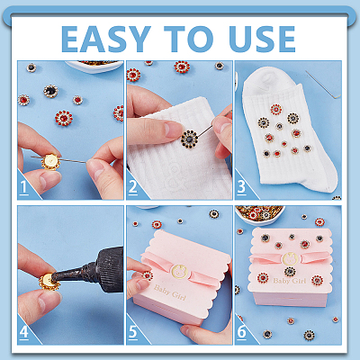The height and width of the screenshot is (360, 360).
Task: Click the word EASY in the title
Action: point(106,39)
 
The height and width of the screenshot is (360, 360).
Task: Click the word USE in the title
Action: point(262,39)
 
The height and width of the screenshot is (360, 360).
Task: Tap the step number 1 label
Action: point(24,187)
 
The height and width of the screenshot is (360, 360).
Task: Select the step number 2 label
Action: point(133,187)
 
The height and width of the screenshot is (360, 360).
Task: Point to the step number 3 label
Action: point(241,187)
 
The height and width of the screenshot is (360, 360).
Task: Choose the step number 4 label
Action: point(24,332)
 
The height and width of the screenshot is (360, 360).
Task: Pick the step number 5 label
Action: point(133,332)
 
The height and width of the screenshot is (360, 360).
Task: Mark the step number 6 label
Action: point(241,332)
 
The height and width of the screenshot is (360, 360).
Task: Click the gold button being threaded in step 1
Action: point(50,162)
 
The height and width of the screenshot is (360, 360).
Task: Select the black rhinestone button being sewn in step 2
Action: point(190,139)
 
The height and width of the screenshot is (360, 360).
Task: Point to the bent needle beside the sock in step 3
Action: point(324,85)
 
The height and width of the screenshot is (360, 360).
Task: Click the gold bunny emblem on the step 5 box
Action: point(179,272)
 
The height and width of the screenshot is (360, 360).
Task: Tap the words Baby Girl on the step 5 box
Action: point(170,292)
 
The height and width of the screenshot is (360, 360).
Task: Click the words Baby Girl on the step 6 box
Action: point(290,281)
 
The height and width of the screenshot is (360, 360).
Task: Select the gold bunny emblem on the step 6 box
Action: point(289,258)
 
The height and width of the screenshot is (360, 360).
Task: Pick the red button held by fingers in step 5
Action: point(148,275)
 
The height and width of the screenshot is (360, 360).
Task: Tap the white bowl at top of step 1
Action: point(94,67)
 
